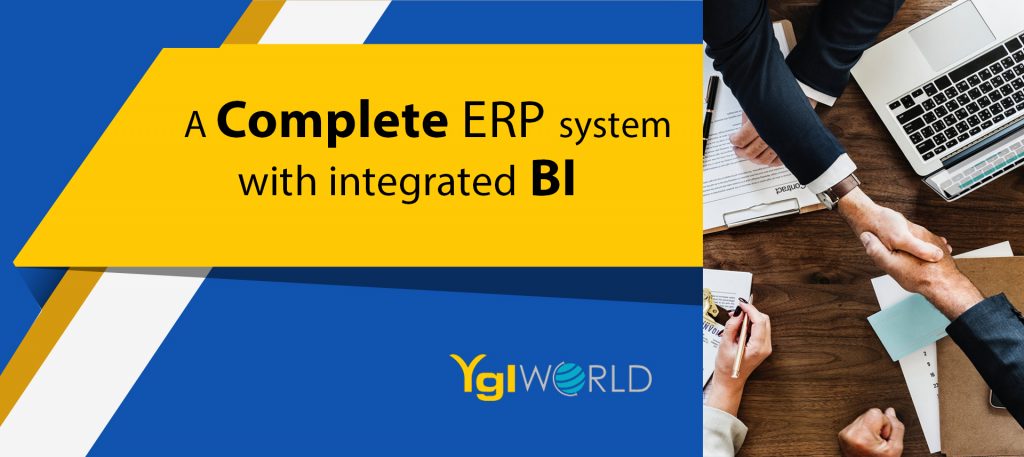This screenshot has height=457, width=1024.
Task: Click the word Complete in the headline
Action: [332, 121]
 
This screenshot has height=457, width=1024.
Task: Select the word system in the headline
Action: [615, 125]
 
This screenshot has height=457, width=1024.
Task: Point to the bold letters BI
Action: [552, 181]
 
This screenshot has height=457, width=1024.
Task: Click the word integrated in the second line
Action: [422, 183]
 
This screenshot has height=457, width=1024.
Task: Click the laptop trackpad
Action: [952, 33]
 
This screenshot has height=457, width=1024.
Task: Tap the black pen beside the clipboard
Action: [710, 114]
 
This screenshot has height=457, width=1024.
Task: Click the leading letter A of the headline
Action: [195, 124]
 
